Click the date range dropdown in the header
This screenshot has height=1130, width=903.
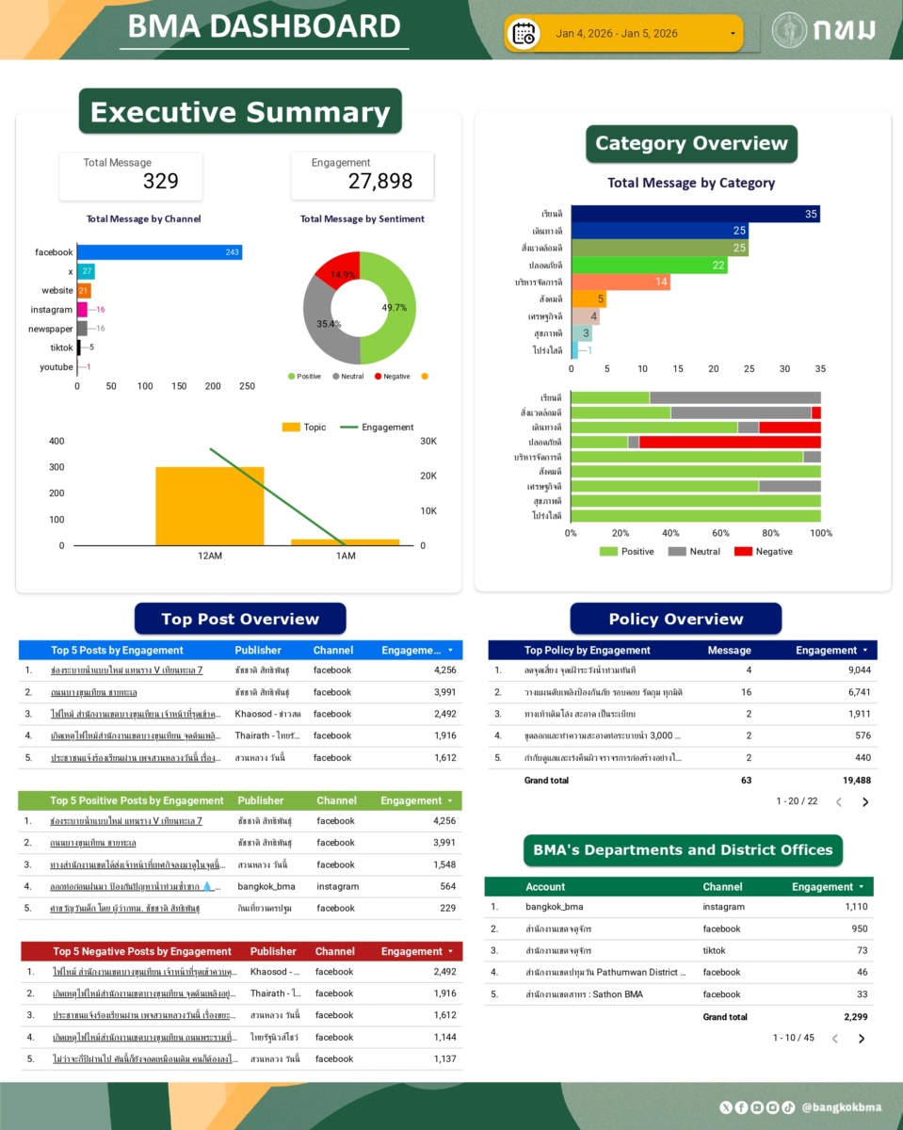pos(623,34)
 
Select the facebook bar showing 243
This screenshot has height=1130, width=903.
pos(159,252)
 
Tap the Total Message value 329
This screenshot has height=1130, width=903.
pos(160,182)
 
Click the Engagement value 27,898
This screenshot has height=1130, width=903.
pos(379,182)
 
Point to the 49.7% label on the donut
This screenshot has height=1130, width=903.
pos(395,308)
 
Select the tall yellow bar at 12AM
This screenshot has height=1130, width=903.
pos(209,506)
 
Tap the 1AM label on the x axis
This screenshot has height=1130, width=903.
pos(346,556)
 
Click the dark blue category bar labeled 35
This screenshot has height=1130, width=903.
pos(695,215)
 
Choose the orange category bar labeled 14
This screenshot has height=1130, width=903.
pos(621,282)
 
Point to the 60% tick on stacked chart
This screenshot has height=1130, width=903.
pos(721,533)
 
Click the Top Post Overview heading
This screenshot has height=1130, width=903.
pos(240,619)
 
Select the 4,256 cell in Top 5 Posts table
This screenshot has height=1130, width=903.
pos(444,670)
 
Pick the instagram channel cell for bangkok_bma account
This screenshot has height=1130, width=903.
pos(723,907)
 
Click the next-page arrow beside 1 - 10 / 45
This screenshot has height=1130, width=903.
pos(862,1039)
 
